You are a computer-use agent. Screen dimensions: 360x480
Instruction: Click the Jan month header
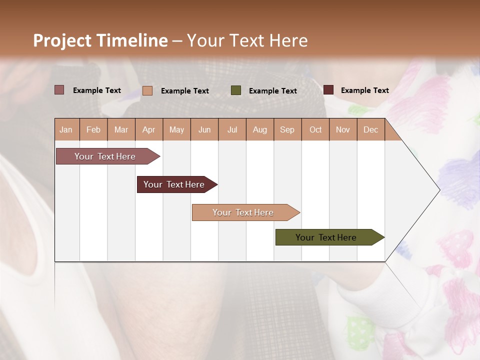66,129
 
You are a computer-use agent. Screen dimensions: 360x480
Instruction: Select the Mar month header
121,129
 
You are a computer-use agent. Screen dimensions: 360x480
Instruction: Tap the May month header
176,129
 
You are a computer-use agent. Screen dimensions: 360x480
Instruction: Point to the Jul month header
232,129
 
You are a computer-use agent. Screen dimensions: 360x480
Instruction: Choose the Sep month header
287,129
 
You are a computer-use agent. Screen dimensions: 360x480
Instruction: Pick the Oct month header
315,129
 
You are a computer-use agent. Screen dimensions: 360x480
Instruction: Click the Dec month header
370,129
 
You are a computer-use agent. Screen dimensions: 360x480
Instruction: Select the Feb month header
93,129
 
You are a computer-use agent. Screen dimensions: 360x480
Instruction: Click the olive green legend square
236,90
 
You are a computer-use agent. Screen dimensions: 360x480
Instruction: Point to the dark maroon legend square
328,90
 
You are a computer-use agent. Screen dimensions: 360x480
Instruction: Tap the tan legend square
147,90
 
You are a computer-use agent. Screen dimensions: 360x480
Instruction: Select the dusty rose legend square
59,90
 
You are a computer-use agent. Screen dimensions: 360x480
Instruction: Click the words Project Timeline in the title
100,40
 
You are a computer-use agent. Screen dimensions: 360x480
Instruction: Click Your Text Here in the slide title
247,40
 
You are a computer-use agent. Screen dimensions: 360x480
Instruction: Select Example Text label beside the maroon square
364,90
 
